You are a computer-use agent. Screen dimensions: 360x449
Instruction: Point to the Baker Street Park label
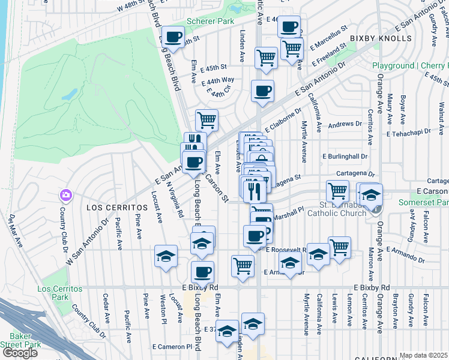pyautogui.click(x=20, y=340)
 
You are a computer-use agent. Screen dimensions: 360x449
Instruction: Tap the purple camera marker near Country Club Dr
pyautogui.click(x=65, y=196)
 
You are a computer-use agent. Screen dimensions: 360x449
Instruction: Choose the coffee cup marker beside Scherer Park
pyautogui.click(x=174, y=37)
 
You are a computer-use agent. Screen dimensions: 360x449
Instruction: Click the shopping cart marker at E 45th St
pyautogui.click(x=265, y=58)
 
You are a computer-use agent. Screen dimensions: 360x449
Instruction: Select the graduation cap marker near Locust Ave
pyautogui.click(x=166, y=257)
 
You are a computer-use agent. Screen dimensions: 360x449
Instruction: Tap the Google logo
pyautogui.click(x=20, y=353)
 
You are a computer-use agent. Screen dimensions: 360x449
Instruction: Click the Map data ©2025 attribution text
pyautogui.click(x=424, y=355)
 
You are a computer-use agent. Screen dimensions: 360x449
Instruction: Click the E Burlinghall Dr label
pyautogui.click(x=344, y=156)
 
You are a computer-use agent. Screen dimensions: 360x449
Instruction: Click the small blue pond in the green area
pyautogui.click(x=70, y=95)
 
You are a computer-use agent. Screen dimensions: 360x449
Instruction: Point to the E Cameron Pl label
pyautogui.click(x=172, y=346)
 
